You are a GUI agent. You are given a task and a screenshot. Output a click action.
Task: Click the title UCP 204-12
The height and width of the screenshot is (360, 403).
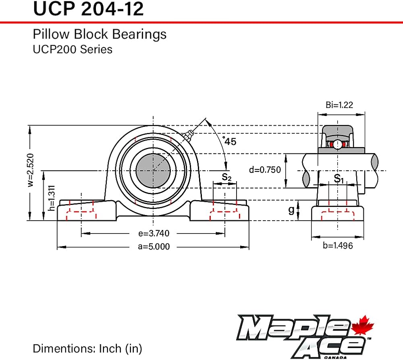pyautogui.click(x=88, y=9)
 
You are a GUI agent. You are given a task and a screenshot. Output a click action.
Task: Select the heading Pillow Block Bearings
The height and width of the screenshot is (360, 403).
pyautogui.click(x=100, y=34)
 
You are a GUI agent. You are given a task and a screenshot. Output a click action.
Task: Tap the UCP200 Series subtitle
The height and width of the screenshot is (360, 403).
pyautogui.click(x=73, y=49)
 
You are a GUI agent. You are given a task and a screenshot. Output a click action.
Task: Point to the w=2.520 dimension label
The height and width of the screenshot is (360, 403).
pyautogui.click(x=30, y=170)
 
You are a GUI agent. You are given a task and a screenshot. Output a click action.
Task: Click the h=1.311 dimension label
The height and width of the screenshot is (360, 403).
pyautogui.click(x=52, y=198)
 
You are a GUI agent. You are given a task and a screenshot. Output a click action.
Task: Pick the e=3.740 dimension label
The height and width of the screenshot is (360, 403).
pyautogui.click(x=154, y=233)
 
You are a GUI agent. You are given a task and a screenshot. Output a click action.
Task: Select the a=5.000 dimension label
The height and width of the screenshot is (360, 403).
pyautogui.click(x=154, y=246)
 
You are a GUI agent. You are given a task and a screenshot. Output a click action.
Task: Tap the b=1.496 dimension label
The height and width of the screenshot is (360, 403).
pyautogui.click(x=338, y=246)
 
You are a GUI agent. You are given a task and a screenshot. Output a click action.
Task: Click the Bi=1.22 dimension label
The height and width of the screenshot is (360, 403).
pyautogui.click(x=339, y=105)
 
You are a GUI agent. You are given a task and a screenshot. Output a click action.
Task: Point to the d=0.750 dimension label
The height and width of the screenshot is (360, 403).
pyautogui.click(x=265, y=170)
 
